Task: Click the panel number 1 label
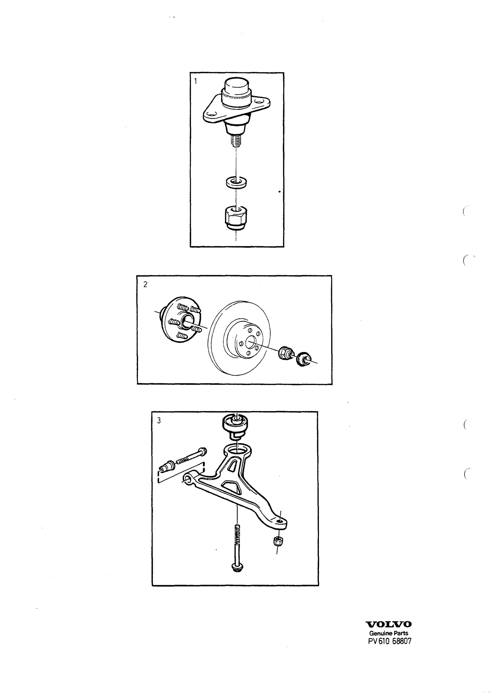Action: click(196, 81)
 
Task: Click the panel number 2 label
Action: click(145, 284)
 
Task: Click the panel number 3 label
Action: click(159, 421)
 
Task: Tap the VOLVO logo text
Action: click(389, 624)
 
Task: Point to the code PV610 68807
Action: click(389, 640)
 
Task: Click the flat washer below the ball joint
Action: click(235, 182)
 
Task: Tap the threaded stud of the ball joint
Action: click(236, 141)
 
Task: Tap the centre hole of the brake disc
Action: click(251, 341)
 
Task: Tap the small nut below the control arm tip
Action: click(278, 541)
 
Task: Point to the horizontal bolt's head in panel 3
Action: click(202, 459)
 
